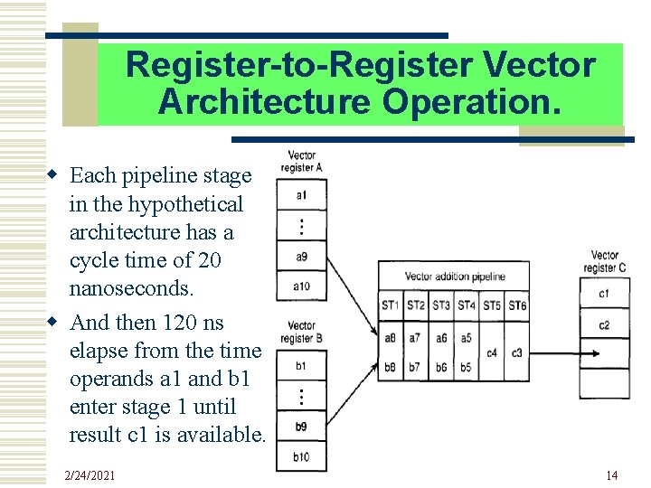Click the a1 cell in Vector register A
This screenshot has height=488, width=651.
coord(301,195)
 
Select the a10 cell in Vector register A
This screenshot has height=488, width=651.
coord(301,286)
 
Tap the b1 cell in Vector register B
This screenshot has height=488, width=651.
coord(301,366)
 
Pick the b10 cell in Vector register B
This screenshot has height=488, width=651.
coord(301,457)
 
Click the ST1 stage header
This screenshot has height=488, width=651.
coord(390,305)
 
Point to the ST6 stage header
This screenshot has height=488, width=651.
coord(516,305)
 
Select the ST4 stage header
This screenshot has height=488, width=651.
coord(466,305)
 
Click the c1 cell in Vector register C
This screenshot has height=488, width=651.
coord(604,294)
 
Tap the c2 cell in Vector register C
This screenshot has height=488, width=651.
coord(604,324)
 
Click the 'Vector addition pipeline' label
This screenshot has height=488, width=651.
coord(454,277)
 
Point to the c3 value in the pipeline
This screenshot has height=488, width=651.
coord(516,352)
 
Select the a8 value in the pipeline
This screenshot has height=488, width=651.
coord(390,337)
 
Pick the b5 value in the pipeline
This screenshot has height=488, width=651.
coord(466,368)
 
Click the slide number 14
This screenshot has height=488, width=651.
coord(612,475)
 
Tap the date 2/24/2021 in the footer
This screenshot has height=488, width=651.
coord(90,475)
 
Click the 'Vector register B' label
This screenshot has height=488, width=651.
coord(301,332)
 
